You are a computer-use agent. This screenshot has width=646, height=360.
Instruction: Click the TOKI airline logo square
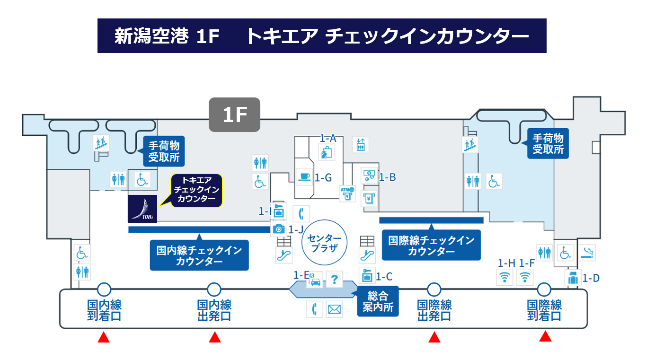[x=142, y=209]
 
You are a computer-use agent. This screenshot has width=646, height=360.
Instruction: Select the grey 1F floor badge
[x=235, y=114]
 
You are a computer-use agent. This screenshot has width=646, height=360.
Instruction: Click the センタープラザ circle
[x=324, y=242]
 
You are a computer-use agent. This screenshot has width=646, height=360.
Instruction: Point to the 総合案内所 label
[x=378, y=302]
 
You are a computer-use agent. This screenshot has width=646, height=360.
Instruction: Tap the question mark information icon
[x=335, y=280]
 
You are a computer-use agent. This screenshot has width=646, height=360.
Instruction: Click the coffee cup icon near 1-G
[x=303, y=176]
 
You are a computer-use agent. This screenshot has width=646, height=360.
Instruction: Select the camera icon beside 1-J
[x=279, y=229]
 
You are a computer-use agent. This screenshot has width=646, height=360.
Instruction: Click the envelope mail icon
[x=334, y=309]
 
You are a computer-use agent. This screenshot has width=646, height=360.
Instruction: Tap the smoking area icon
[x=588, y=252]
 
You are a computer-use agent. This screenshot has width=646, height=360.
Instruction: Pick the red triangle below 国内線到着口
[x=104, y=337]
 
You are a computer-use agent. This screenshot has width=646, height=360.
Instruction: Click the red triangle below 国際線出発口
[x=434, y=337]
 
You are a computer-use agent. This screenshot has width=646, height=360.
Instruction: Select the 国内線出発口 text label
[x=214, y=310]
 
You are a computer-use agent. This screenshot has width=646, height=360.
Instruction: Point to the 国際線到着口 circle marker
[x=544, y=289]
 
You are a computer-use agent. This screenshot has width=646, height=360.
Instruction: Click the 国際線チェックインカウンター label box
[x=431, y=246]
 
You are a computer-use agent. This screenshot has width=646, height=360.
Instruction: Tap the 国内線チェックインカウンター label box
[x=199, y=256]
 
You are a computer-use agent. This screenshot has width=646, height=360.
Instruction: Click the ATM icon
[x=347, y=193]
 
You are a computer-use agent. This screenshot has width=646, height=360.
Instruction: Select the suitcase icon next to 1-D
[x=573, y=278]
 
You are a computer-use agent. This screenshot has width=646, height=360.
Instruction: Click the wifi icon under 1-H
[x=505, y=277]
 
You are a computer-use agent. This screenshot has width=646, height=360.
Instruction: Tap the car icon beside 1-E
[x=315, y=281]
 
